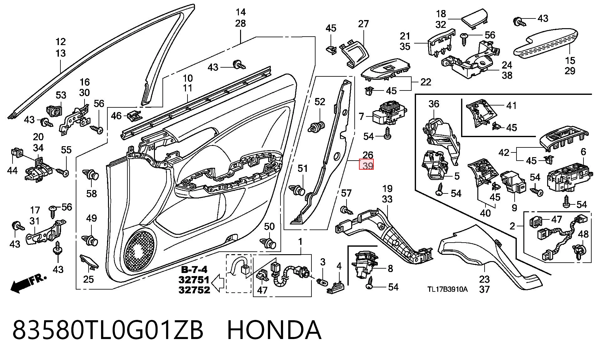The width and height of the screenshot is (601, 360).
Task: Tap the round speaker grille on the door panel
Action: coord(141,250)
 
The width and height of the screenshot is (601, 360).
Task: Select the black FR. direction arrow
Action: coord(28,283)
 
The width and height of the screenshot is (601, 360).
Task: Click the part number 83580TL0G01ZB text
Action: coord(108,330)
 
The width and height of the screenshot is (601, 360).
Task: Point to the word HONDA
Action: coord(274,330)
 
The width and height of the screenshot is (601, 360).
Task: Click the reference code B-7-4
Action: coord(194,270)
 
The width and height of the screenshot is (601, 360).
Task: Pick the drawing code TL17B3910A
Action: coord(448,289)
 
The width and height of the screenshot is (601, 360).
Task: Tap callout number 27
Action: coord(363,24)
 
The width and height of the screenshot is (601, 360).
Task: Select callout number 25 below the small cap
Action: coord(88,279)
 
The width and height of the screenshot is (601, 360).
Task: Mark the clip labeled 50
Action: coord(268,243)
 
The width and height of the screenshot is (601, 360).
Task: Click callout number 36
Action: coord(434,104)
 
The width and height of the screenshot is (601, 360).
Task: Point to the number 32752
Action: coord(194,290)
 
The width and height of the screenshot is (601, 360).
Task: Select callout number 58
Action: coord(92,193)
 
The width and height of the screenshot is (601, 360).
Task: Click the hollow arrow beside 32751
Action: coord(218,283)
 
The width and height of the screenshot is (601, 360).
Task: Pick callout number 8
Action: coord(390,268)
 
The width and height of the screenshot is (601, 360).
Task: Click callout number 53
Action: coord(61,95)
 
